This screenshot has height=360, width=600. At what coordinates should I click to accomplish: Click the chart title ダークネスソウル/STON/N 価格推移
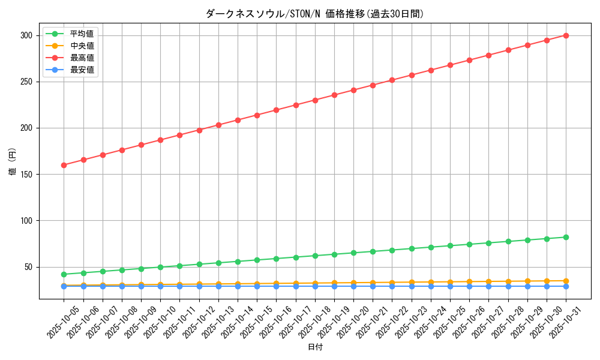314,14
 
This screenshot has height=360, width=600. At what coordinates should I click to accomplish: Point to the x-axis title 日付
315,347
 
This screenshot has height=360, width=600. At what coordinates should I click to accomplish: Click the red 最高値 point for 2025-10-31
566,35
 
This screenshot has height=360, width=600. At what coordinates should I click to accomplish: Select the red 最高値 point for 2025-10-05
64,165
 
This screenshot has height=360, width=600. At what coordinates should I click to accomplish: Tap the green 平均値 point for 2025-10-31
566,237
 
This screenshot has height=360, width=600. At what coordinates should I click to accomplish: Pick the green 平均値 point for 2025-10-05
64,274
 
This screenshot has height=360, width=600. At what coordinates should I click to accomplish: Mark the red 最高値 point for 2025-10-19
334,95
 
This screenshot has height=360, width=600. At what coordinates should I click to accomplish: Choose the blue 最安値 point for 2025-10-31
566,286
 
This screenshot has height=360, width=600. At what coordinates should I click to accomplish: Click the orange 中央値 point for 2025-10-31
566,281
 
